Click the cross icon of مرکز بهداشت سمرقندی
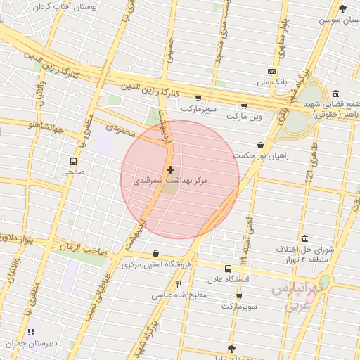click(170, 169)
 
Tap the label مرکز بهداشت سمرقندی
click(172, 181)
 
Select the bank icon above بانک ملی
click(271, 71)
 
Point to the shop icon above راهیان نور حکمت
click(261, 145)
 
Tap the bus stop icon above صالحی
click(73, 160)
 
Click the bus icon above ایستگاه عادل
click(228, 269)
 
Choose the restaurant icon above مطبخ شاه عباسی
click(179, 284)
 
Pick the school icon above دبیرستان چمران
click(31, 332)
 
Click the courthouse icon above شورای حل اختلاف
click(304, 239)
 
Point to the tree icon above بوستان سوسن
click(342, 9)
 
